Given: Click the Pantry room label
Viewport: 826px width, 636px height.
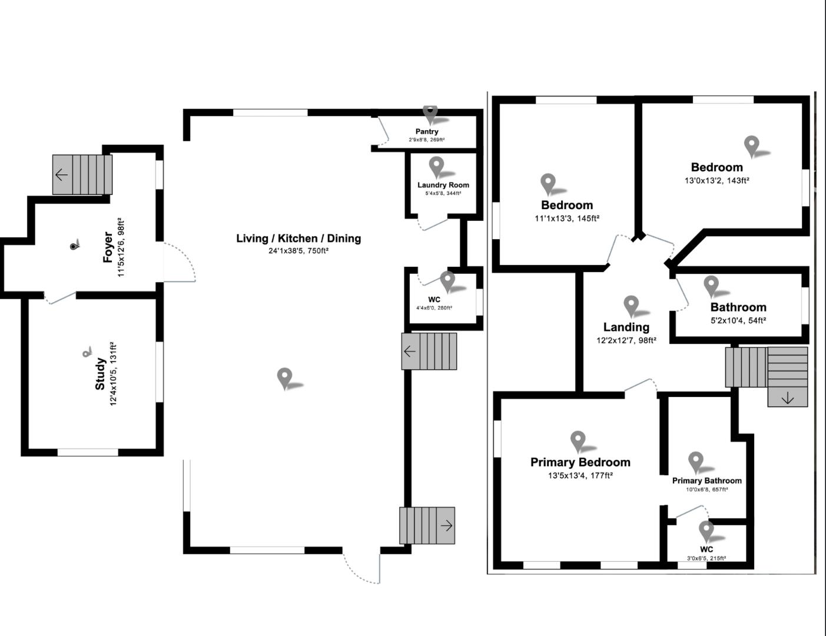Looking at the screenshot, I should pos(427,132).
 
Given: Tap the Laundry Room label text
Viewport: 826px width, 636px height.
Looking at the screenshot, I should pos(443,185).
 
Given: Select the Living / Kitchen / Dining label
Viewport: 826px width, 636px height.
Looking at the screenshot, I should pos(298,238).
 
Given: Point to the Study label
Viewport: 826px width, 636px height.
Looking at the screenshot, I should pos(101,374).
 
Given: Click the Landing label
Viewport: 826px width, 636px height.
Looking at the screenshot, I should pos(626,327).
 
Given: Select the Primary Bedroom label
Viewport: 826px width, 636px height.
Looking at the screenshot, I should pos(580,462).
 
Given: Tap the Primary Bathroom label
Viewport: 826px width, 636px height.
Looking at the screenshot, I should pos(706,481).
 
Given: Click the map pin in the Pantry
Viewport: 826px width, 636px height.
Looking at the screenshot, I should pos(430,112).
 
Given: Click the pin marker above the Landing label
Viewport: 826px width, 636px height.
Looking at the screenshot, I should pos(631,304).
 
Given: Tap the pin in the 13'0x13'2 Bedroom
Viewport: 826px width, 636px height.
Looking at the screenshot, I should pos(751,145).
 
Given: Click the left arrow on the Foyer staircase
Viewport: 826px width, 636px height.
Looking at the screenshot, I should pos(61,174).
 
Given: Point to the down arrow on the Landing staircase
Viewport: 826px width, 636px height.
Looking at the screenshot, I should pos(787,398).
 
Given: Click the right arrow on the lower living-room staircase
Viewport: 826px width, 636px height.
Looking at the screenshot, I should pos(446,525).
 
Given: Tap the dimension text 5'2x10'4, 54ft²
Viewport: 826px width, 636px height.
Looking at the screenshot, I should pos(738,321).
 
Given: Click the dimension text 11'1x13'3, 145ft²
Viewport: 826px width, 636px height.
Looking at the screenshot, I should pos(566,218).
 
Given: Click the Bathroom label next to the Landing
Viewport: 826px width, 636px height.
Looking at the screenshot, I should pos(738,307).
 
